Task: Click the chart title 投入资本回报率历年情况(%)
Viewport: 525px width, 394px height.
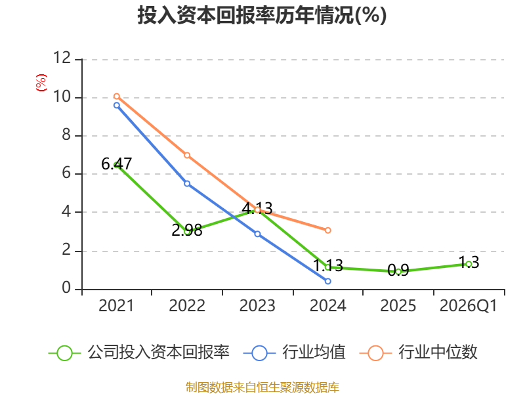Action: (x=262, y=15)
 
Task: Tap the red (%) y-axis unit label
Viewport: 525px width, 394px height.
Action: (x=41, y=83)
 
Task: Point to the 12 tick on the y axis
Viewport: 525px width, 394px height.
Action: (x=62, y=58)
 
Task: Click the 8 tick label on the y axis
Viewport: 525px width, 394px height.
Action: (x=66, y=135)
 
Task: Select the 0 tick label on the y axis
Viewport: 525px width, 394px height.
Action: (x=66, y=288)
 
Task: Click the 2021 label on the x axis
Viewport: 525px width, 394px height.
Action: (x=116, y=306)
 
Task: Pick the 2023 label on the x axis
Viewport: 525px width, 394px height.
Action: (x=257, y=306)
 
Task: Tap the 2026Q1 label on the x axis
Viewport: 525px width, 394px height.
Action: (x=469, y=306)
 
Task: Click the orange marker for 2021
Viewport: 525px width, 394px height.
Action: (x=117, y=97)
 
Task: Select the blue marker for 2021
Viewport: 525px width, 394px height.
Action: (x=117, y=105)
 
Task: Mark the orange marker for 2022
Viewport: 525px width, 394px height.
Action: (x=187, y=155)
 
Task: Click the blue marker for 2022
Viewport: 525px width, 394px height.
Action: (x=187, y=184)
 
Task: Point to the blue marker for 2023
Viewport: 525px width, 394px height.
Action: (x=257, y=234)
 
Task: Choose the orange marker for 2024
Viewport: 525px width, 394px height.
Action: (x=327, y=230)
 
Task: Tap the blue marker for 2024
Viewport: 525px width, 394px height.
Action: (x=327, y=281)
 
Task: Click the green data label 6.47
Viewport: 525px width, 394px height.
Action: (x=117, y=164)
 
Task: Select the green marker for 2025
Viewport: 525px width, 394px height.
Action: (x=398, y=272)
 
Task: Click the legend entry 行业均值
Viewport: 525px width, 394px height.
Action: (x=295, y=353)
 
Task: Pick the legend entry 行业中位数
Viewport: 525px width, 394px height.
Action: (x=419, y=353)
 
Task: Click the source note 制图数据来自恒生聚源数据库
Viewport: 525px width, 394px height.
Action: (x=262, y=387)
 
